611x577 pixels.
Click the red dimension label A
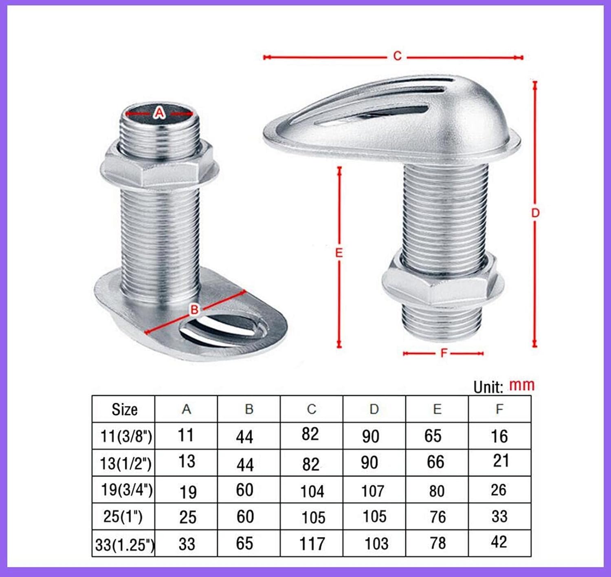point(159,112)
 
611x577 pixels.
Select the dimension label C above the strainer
point(397,56)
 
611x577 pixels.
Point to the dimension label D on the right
point(535,213)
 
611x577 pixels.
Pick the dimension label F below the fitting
point(444,353)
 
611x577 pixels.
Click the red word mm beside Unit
point(522,385)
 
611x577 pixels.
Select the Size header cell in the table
point(124,409)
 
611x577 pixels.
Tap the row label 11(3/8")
point(126,436)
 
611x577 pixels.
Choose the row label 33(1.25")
point(125,544)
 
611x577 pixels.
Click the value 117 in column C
point(312,544)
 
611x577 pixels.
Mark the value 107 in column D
point(372,491)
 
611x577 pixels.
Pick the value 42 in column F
point(499,542)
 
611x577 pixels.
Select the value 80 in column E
point(436,491)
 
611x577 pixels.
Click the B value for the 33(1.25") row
point(244,543)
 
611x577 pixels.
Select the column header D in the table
point(374,409)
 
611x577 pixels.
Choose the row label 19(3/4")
point(127,489)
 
